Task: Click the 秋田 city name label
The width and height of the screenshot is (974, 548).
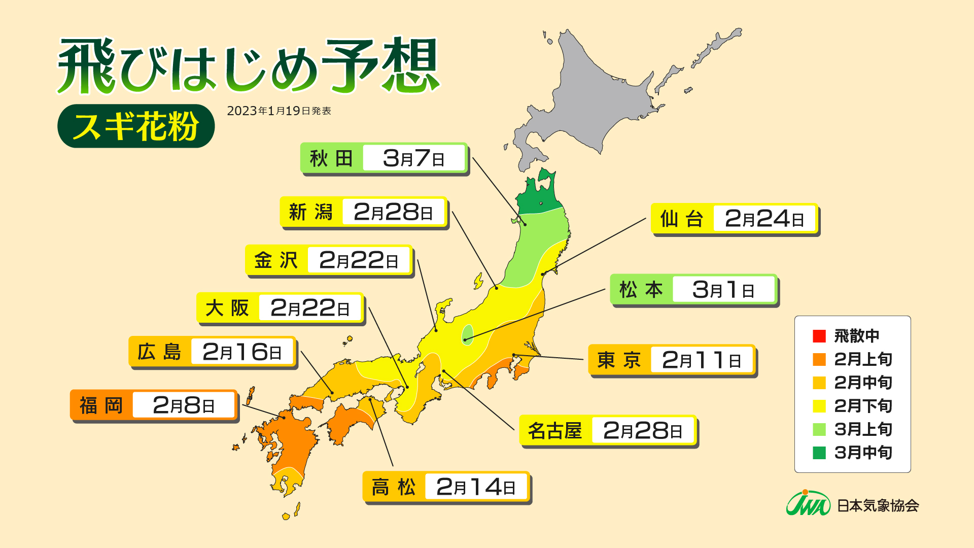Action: tap(331, 158)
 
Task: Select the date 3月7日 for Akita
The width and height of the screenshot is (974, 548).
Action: tap(413, 158)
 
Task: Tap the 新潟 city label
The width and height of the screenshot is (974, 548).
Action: tap(310, 212)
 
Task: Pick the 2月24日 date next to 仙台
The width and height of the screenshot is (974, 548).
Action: tap(764, 219)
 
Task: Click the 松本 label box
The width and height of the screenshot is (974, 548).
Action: tap(641, 290)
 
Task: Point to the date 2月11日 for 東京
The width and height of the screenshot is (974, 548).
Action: tap(701, 360)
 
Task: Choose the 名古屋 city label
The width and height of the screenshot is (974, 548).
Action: tap(555, 431)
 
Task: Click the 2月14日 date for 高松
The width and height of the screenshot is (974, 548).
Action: tap(476, 487)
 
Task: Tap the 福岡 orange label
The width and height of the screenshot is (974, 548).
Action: tap(101, 405)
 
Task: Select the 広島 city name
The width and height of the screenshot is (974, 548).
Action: tap(159, 352)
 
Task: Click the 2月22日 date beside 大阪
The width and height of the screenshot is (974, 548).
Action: tap(310, 308)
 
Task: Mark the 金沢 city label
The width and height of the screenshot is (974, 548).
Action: tap(276, 261)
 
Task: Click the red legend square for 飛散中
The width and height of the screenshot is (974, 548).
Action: tap(819, 336)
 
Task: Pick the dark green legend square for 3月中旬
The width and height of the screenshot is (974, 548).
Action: tap(819, 453)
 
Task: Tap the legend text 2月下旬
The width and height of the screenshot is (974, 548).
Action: tap(863, 406)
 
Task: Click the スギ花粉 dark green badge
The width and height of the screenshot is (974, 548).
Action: tap(136, 126)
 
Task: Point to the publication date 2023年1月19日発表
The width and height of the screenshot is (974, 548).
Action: tap(279, 111)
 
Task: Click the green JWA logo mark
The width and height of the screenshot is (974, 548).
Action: tap(808, 504)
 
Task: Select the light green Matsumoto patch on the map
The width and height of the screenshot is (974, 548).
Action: tap(468, 335)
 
